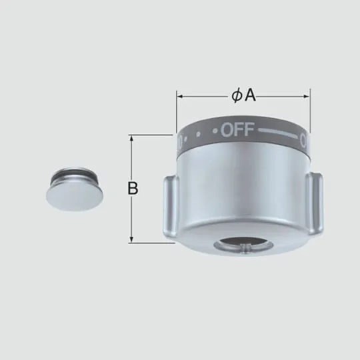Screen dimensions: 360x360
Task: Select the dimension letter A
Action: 251,96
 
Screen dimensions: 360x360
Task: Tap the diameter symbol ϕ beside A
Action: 237,96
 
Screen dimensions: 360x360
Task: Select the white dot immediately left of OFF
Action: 215,129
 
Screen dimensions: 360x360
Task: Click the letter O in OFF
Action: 226,129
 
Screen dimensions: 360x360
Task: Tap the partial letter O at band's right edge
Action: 304,141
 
